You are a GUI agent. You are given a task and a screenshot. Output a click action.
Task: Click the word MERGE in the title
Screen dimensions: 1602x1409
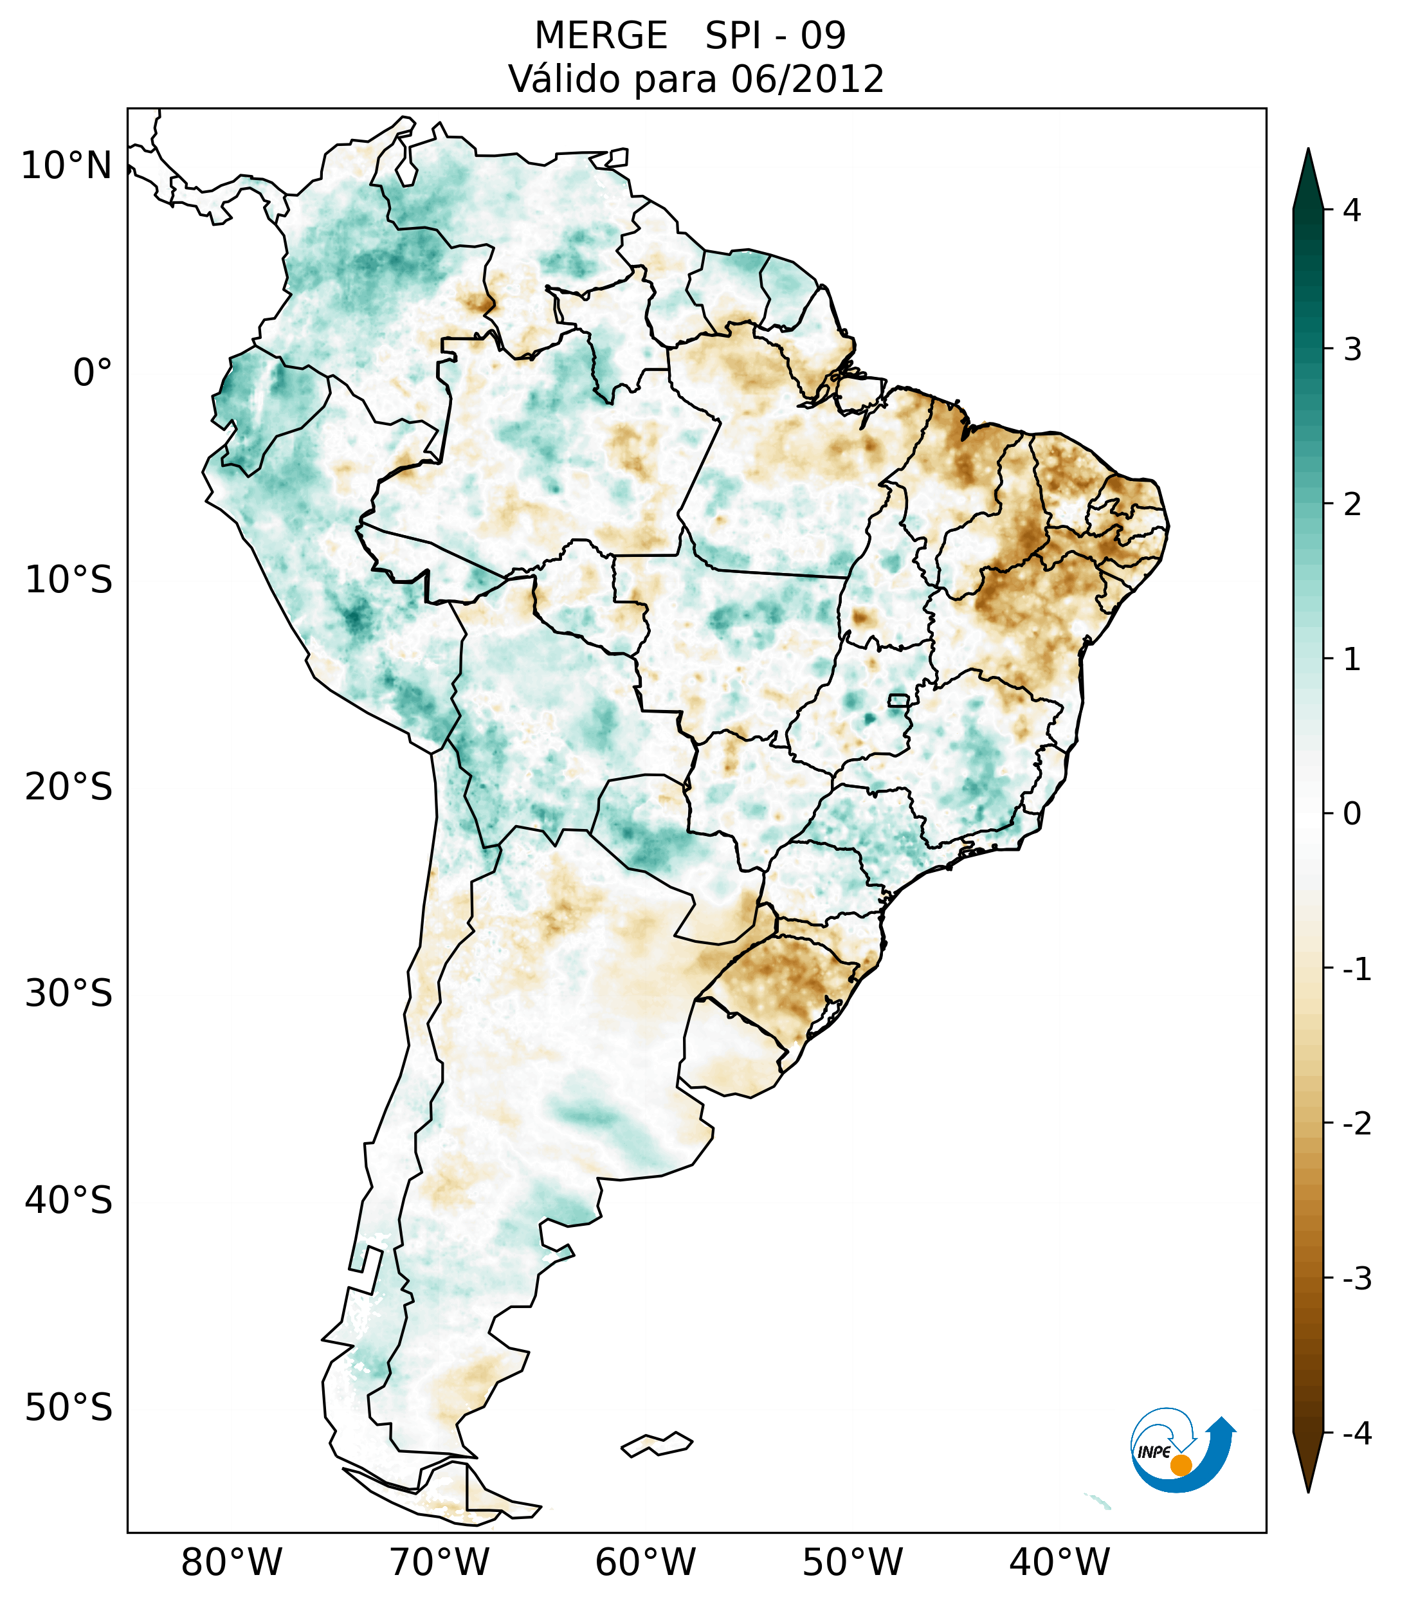tap(601, 36)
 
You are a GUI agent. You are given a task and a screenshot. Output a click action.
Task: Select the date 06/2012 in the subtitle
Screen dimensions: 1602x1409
tap(807, 79)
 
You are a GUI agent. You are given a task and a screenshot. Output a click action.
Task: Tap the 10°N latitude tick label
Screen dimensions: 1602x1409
tap(67, 166)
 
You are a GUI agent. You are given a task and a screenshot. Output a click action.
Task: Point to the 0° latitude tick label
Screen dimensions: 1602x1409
tap(93, 373)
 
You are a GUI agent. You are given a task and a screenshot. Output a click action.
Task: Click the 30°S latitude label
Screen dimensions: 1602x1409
tap(69, 994)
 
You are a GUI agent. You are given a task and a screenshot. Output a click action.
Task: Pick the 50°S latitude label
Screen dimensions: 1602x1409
tap(69, 1408)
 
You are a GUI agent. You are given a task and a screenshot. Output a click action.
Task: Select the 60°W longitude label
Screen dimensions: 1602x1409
tap(645, 1562)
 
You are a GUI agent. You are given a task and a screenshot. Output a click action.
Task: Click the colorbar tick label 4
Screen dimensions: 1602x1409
tap(1352, 210)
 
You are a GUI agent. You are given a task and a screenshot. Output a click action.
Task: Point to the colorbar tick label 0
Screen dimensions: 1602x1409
tap(1352, 814)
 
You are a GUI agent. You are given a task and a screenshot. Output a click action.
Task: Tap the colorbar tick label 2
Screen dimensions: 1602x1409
tap(1352, 505)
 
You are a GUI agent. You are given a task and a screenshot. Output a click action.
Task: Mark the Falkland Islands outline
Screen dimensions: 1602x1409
tap(657, 1444)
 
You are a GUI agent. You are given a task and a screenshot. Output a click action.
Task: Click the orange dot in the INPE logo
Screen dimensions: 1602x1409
tap(1181, 1465)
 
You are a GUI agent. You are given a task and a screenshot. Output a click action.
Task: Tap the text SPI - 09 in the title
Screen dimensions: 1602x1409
tap(775, 36)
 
